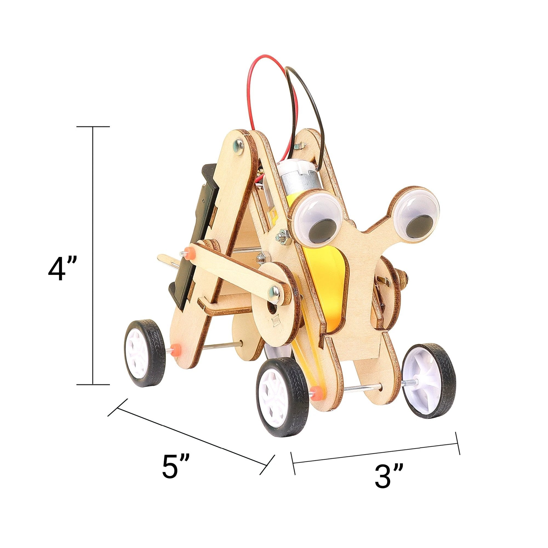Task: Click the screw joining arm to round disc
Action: coord(274,289)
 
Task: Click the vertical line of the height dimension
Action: coord(93,255)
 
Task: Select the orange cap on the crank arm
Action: coord(187,252)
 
